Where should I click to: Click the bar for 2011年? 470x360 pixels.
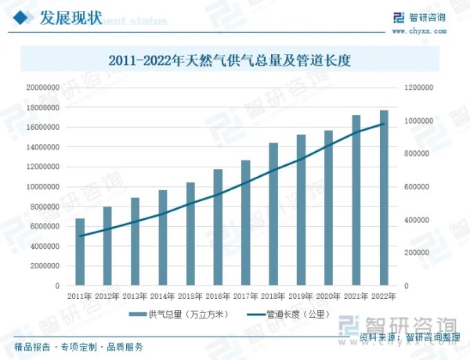[79, 252]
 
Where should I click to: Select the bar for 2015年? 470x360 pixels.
[190, 234]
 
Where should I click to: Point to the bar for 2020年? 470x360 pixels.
[328, 208]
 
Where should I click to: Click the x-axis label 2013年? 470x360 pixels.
[135, 297]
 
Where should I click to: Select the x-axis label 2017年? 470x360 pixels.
[245, 297]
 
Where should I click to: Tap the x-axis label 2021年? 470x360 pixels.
[356, 297]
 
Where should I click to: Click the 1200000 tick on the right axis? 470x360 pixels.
[419, 88]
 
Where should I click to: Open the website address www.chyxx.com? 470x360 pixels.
[427, 31]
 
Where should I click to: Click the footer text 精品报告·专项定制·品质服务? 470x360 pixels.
[78, 347]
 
